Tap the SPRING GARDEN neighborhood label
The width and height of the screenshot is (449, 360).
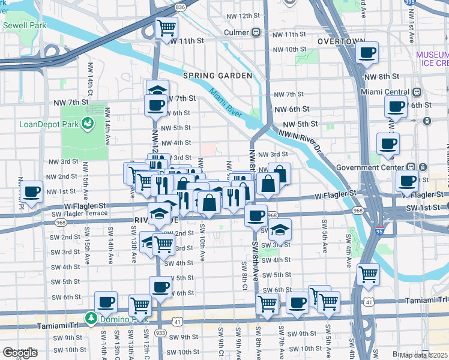click(x=217, y=76)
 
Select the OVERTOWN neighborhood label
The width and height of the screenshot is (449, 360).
click(x=341, y=41)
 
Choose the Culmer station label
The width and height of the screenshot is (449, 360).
click(x=237, y=32)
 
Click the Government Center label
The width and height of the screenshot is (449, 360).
click(x=376, y=167)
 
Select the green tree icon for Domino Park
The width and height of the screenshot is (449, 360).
click(x=91, y=317)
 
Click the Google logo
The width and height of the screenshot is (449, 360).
click(x=20, y=352)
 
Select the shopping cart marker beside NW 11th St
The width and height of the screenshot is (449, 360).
click(x=166, y=27)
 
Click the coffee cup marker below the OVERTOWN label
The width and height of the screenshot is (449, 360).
click(x=366, y=52)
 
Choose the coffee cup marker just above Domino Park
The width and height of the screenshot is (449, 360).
click(x=106, y=301)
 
